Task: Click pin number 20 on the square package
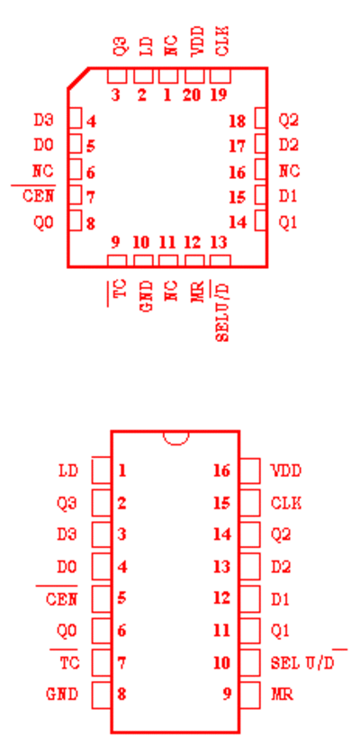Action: (x=192, y=95)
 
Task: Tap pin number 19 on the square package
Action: (x=219, y=95)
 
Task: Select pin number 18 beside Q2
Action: (x=238, y=121)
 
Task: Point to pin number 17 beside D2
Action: (x=238, y=146)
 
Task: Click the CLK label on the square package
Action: (x=222, y=41)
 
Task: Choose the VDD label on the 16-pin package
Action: (x=286, y=471)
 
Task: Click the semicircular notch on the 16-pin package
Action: (x=176, y=438)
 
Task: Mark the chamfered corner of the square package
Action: (x=78, y=78)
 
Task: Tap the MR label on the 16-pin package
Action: (x=282, y=694)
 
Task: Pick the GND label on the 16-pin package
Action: (x=62, y=694)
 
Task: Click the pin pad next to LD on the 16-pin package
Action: (x=101, y=471)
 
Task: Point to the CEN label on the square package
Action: (x=39, y=195)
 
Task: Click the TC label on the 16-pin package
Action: (x=69, y=662)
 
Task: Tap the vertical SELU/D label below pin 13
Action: (x=222, y=311)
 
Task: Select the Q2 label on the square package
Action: (x=289, y=121)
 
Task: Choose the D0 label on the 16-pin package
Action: (x=67, y=566)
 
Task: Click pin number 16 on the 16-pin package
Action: (x=221, y=471)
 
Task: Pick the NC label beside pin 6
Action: (x=43, y=171)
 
